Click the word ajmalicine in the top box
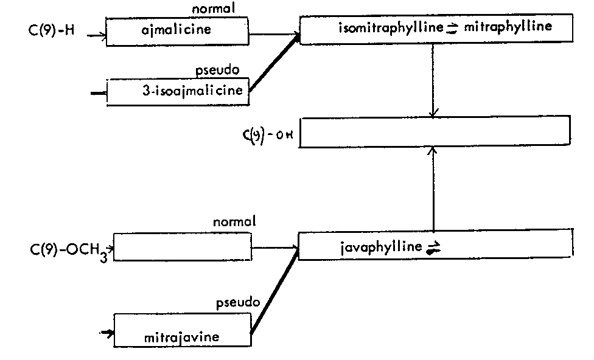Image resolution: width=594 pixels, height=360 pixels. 174,29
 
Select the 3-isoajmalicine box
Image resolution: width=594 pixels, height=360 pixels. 178,92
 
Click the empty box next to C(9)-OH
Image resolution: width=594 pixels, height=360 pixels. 435,131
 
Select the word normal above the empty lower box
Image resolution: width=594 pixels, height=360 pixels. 234,222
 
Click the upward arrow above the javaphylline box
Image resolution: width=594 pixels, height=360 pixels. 433,189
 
